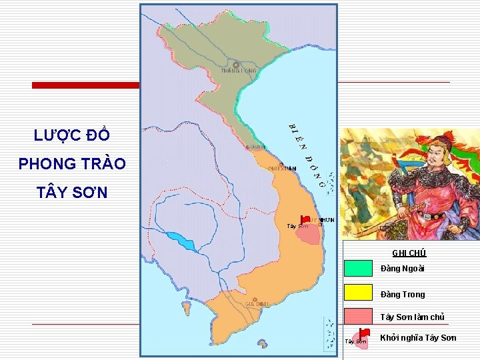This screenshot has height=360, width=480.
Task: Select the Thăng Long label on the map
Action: (239, 71)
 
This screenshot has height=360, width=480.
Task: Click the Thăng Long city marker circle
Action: (236, 65)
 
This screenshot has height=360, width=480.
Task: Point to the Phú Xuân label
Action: (282, 169)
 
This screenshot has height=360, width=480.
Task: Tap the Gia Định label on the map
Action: (256, 304)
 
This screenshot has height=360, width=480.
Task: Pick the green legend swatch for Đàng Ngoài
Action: (358, 268)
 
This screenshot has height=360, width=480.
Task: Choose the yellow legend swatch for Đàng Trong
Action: (358, 293)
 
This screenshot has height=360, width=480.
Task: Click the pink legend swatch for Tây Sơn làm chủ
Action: (358, 317)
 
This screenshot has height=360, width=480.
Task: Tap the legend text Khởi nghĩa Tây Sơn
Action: (418, 338)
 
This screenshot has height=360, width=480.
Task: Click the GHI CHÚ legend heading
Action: (409, 253)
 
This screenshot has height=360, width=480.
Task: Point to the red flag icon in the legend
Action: (363, 332)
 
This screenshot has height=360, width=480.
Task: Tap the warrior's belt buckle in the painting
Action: (437, 216)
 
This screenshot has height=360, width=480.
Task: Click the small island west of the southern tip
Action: (186, 308)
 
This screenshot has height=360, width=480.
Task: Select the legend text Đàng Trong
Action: (402, 294)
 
